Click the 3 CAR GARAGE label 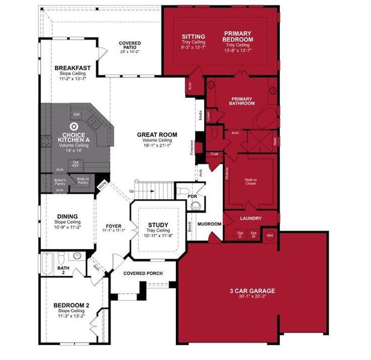[252, 291]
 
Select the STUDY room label [158, 225]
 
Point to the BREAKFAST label [72, 68]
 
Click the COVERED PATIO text [130, 44]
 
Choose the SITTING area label [193, 37]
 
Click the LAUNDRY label [250, 218]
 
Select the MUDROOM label [210, 224]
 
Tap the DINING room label [67, 217]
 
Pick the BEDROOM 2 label [71, 306]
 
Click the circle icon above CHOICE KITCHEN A [73, 127]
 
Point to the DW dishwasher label [76, 113]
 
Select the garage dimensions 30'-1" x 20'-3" [252, 297]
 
